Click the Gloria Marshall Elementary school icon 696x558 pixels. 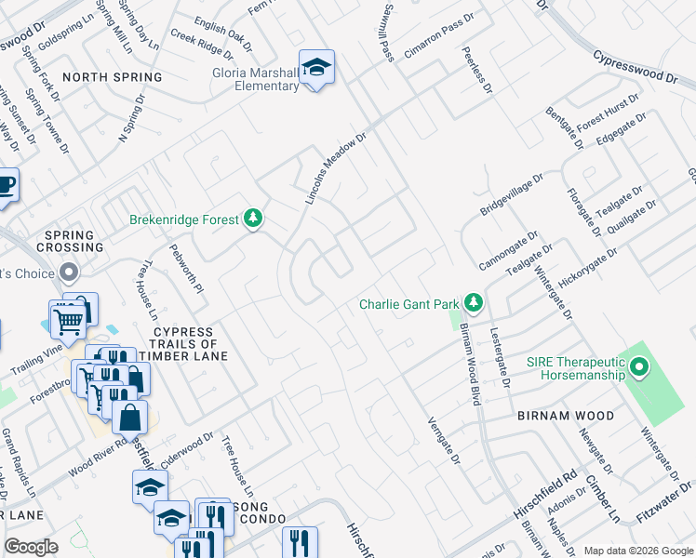tap(316, 68)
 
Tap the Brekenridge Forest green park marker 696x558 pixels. tap(252, 219)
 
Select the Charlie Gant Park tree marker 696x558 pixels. tap(474, 302)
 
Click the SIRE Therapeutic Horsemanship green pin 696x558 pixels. tap(638, 368)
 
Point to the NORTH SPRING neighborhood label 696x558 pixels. tap(112, 77)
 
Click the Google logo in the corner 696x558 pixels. tap(31, 547)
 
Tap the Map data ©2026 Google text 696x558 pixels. tap(638, 551)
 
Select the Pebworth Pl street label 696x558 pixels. tap(186, 269)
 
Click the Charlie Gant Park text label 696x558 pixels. tap(409, 304)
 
